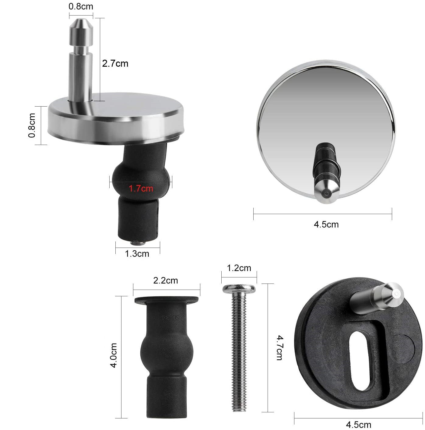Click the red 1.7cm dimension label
[x=141, y=189]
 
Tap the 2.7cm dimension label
[x=115, y=64]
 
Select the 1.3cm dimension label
[x=137, y=254]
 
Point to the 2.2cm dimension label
[x=166, y=280]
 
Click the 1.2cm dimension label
[x=239, y=268]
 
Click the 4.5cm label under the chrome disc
[x=326, y=224]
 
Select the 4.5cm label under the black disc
[x=359, y=425]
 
